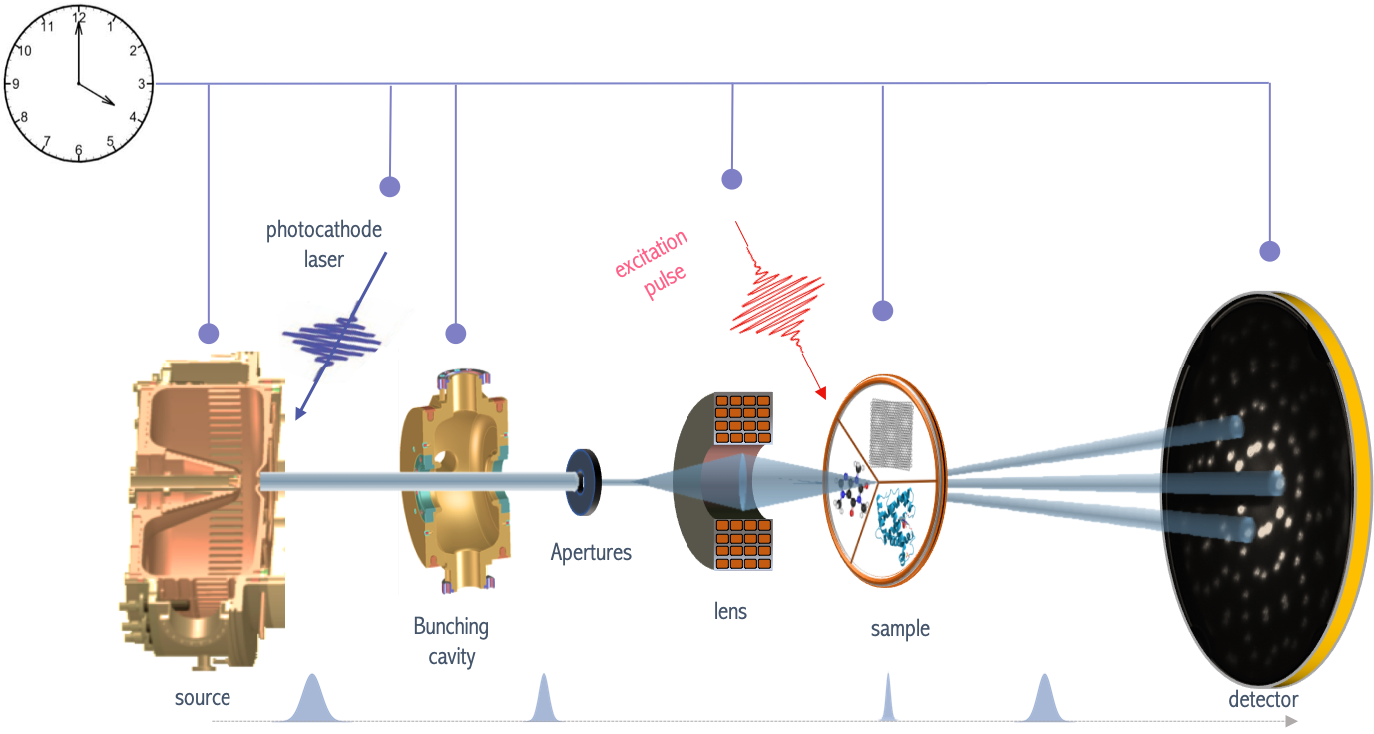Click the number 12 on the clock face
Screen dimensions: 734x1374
click(78, 17)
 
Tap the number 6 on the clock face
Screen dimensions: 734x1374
click(78, 150)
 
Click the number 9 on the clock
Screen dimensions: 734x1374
click(14, 84)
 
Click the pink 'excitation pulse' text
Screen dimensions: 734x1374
click(652, 266)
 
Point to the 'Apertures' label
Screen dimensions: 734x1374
click(591, 552)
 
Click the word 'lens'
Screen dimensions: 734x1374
click(729, 611)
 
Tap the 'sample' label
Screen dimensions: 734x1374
click(900, 629)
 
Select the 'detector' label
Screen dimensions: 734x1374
click(1263, 700)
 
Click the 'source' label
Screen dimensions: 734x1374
click(203, 697)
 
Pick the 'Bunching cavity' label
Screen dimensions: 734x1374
click(451, 641)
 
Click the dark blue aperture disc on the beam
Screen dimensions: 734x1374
click(580, 482)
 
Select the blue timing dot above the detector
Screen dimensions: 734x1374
click(1268, 250)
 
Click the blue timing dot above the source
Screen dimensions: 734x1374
click(208, 333)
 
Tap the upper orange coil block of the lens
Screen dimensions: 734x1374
click(742, 416)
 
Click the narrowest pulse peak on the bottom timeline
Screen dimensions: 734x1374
click(887, 699)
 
